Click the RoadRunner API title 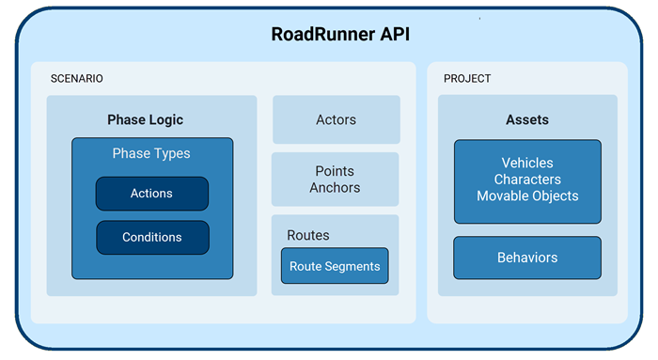pos(340,36)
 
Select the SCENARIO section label pos(77,79)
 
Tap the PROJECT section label pos(467,79)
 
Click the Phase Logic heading pos(146,120)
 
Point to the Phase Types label pos(151,153)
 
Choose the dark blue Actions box pos(151,194)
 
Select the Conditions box pos(151,238)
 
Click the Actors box pos(336,120)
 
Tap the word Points pos(335,171)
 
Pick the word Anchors pos(335,187)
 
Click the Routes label pos(308,235)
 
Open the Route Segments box pos(335,266)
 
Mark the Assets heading pos(526,120)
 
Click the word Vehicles pos(527,163)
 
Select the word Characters pos(527,180)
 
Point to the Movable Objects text pos(527,196)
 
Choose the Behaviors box pos(527,258)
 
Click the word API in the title pos(393,36)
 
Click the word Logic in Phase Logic pos(166,120)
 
